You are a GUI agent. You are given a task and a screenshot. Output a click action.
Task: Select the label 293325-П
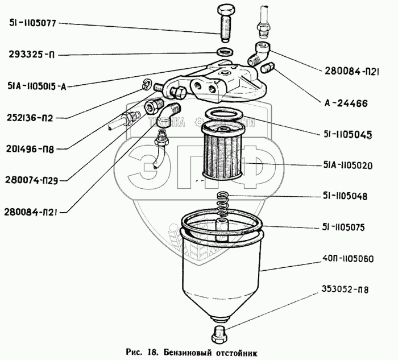click(32, 55)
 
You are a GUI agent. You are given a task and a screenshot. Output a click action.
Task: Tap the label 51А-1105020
click(346, 165)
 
